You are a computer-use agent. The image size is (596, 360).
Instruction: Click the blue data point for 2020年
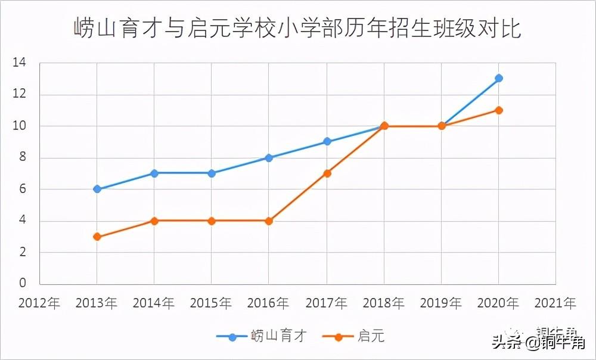coord(499,78)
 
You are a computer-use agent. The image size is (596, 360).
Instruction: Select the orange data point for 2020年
coord(499,110)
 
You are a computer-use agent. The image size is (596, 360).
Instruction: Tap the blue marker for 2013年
coord(97,189)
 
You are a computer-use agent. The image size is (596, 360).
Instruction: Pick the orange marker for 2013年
coord(97,237)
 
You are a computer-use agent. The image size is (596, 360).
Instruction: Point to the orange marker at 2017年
coord(327,173)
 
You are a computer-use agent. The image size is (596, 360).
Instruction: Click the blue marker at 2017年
coord(327,142)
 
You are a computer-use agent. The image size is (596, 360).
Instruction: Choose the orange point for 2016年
coord(269,221)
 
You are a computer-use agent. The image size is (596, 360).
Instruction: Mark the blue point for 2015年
coord(212,173)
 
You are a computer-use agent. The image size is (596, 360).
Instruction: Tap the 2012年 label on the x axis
coord(39,303)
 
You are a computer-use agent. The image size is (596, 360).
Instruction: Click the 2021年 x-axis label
coord(555,303)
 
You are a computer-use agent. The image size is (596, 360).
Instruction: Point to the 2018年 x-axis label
coord(384,303)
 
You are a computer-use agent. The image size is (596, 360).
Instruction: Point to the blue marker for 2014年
coord(154,173)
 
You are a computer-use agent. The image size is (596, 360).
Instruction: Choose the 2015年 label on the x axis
coord(212,303)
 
